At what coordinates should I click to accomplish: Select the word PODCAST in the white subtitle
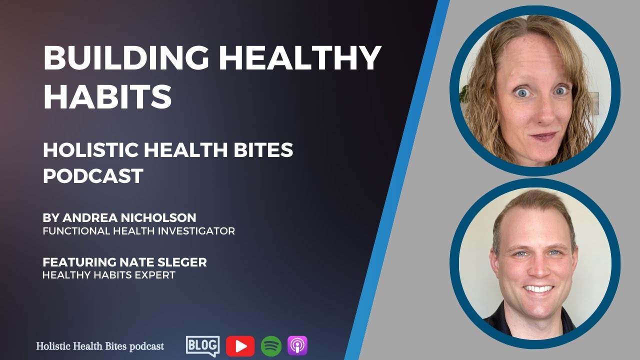coord(93,175)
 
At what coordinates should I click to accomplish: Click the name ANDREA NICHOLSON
coord(129,218)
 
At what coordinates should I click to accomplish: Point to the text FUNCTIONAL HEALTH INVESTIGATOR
coord(138,231)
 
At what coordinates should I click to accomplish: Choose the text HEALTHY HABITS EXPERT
coord(109,275)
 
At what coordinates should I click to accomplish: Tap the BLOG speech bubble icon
coord(202,345)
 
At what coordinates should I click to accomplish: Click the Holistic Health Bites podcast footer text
coord(100,346)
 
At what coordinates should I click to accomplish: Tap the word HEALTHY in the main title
coord(300,58)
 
